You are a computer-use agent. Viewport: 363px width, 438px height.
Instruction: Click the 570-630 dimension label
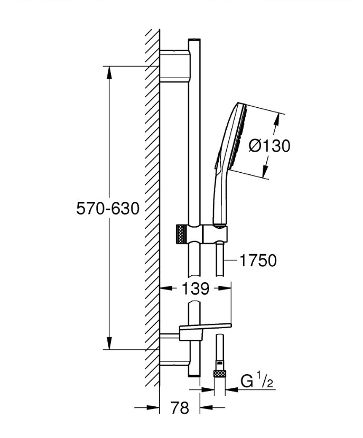[x=108, y=209]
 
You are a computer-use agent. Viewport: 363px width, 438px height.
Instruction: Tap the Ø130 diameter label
[x=269, y=145]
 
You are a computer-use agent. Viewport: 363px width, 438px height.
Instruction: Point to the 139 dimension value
[x=195, y=288]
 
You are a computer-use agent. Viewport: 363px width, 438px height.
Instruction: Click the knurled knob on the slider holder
[x=180, y=233]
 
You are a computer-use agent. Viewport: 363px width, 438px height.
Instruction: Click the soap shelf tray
[x=206, y=329]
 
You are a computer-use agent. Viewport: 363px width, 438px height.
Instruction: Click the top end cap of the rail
[x=194, y=41]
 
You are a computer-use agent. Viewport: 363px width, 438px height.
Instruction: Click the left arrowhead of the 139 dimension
[x=164, y=288]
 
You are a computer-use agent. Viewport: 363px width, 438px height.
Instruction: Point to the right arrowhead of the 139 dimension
[x=227, y=288]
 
